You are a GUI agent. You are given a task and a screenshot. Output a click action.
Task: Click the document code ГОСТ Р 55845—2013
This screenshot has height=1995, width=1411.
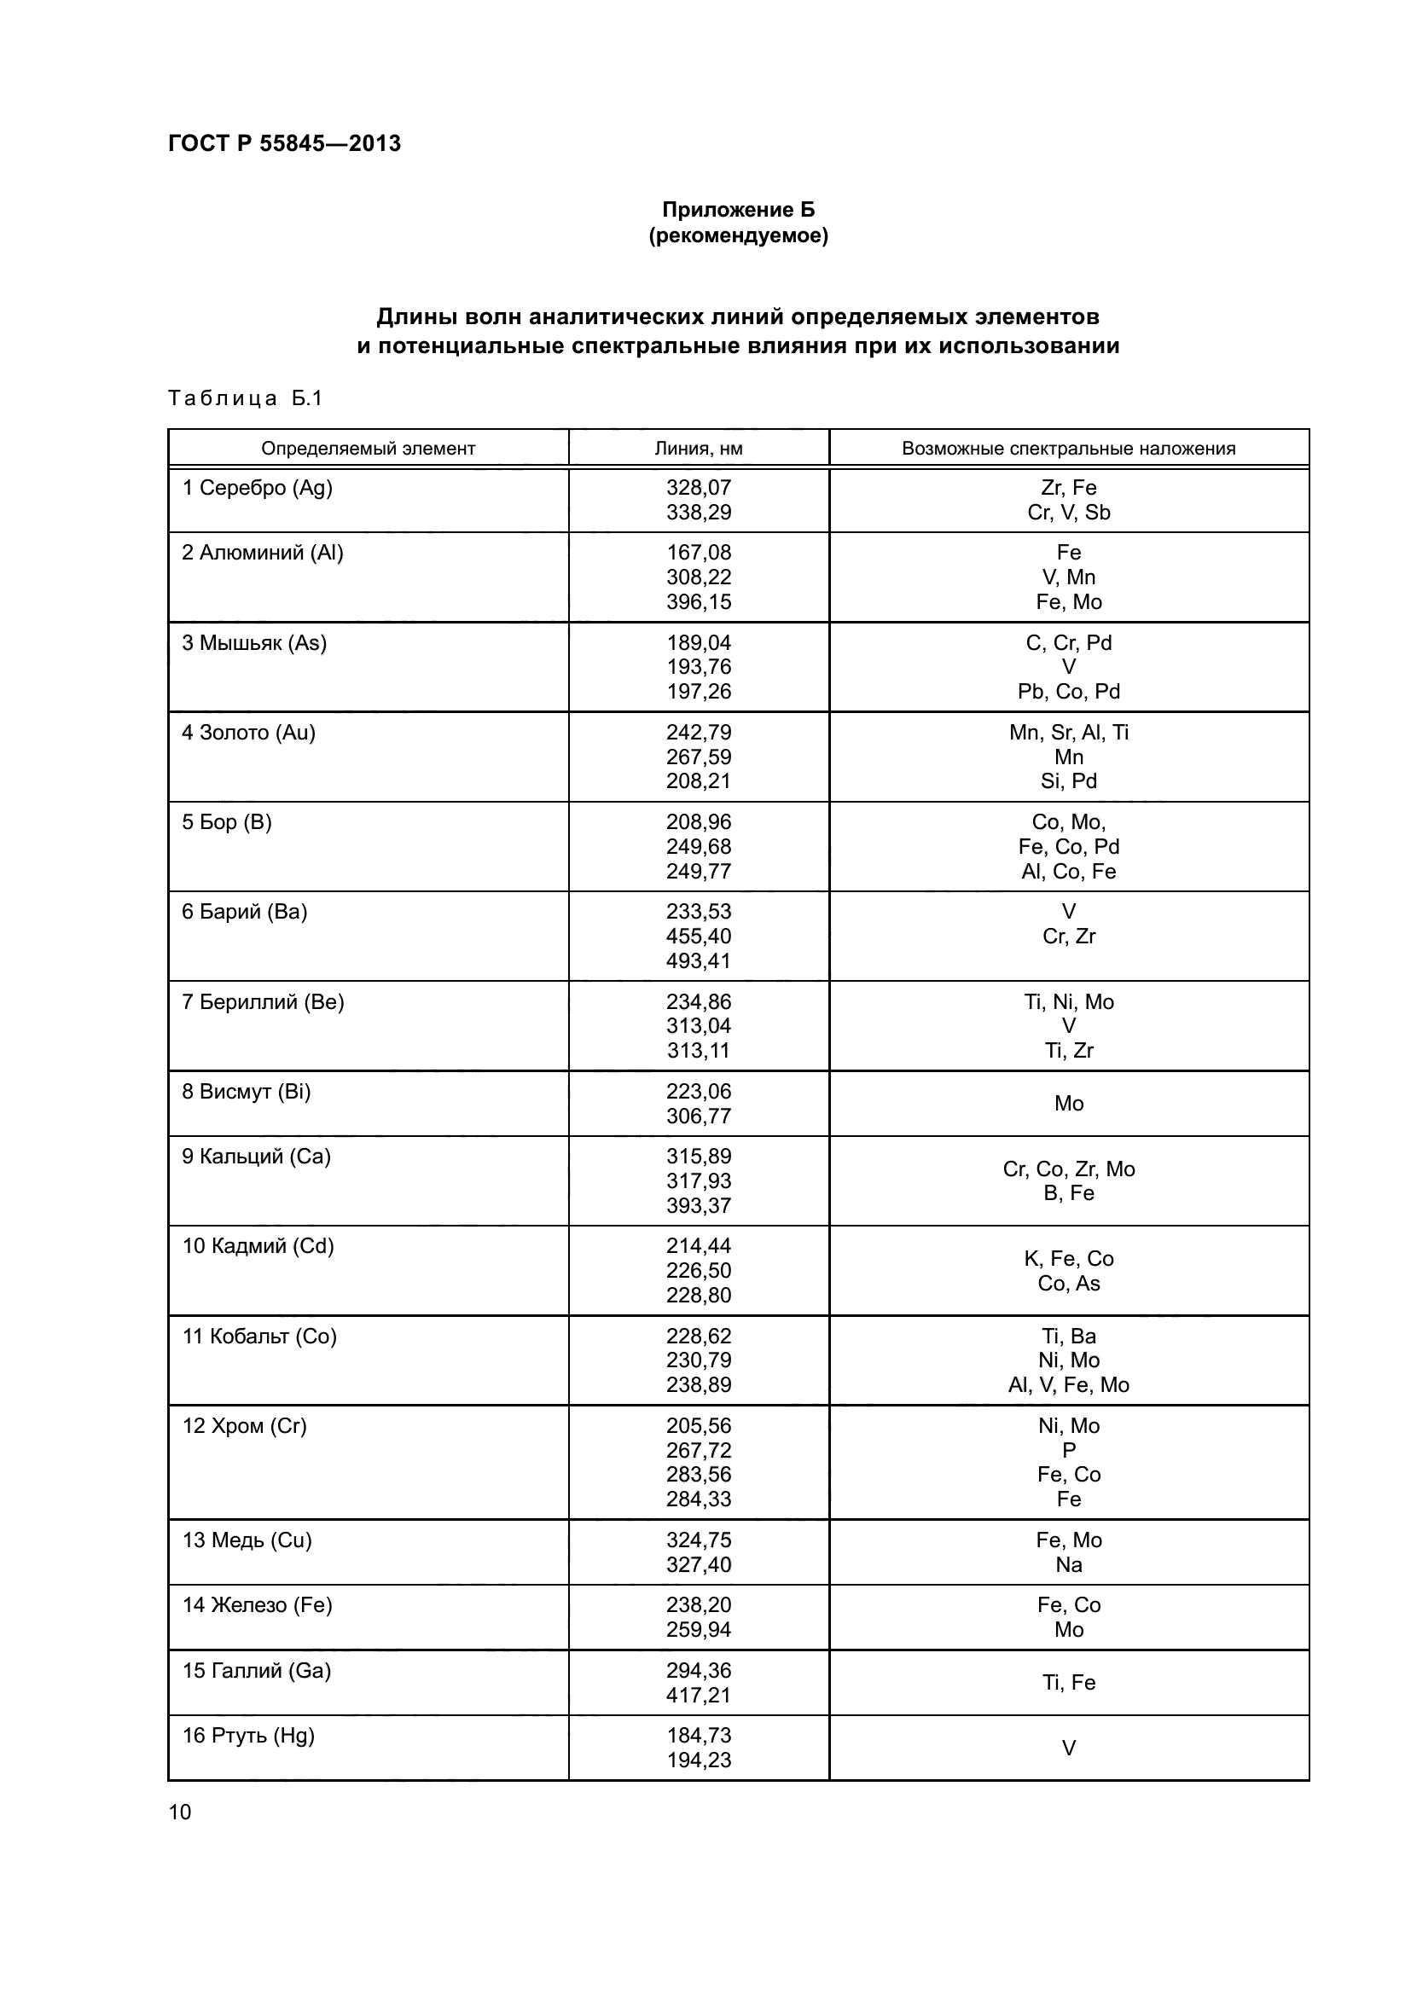284,143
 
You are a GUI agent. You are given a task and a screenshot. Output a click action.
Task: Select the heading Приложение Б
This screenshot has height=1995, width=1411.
738,210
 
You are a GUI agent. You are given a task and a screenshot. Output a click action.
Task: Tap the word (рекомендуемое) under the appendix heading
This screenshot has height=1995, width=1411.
738,235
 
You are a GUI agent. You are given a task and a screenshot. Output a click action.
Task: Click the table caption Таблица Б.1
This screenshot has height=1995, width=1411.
245,398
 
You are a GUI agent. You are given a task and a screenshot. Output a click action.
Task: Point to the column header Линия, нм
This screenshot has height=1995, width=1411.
698,449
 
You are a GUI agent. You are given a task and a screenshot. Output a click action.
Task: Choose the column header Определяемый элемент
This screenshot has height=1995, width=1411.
368,449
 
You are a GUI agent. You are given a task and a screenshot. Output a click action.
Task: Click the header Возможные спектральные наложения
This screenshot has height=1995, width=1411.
1068,449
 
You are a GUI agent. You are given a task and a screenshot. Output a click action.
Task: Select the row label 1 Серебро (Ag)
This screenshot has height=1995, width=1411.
257,488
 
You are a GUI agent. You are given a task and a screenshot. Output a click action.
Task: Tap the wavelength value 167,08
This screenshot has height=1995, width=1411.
699,553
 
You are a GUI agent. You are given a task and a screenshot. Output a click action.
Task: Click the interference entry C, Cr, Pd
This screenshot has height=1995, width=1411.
1068,643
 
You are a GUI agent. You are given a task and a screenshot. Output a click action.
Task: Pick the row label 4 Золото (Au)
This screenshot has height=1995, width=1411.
248,733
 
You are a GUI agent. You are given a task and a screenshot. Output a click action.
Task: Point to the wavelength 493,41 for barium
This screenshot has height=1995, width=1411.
699,961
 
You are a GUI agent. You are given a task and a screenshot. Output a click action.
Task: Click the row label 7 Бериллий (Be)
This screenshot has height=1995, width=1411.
264,1002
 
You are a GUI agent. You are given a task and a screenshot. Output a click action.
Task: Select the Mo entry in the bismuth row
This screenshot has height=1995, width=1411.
1068,1104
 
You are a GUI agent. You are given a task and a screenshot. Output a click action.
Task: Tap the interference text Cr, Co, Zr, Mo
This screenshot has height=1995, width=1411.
1068,1169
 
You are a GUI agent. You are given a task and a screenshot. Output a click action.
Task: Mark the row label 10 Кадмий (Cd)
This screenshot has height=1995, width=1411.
258,1246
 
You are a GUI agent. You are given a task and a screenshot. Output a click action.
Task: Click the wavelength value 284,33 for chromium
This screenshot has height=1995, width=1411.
699,1499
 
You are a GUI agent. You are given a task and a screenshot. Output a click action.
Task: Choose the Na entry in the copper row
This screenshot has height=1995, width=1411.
1068,1565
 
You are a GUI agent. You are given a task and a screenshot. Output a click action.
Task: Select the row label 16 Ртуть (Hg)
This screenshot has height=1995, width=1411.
248,1736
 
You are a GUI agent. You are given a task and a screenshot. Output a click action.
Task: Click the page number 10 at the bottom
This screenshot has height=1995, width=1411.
180,1812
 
